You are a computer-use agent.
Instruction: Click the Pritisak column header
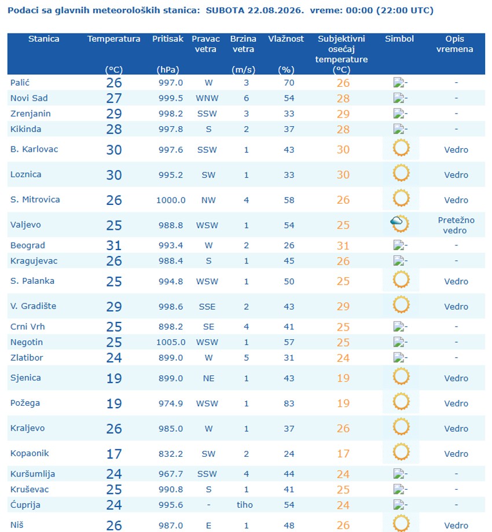168,39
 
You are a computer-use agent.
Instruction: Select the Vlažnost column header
286,39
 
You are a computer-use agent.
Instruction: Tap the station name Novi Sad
29,98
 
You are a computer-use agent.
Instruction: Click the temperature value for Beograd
113,245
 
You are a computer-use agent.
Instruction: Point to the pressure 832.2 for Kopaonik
171,454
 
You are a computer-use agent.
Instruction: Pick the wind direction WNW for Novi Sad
207,98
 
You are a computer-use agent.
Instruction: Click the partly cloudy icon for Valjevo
400,223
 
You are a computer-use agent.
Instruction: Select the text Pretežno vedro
456,225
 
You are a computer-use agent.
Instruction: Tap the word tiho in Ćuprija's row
245,505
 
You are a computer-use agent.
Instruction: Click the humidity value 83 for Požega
289,403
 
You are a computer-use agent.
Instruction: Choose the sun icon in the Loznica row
401,173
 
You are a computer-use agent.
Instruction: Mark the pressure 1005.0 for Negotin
171,342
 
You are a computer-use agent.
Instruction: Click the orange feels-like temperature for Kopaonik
343,454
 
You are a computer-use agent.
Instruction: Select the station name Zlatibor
27,358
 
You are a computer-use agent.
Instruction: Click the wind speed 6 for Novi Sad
247,98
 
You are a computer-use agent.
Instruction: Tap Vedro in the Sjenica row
456,378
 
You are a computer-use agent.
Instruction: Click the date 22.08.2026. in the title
276,10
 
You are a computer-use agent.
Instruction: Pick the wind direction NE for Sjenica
208,378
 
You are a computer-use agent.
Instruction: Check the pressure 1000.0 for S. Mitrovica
171,200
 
